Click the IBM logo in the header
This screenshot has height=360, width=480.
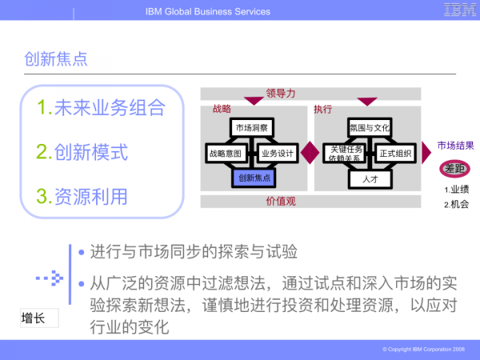click(457, 10)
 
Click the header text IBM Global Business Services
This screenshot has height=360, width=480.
click(208, 11)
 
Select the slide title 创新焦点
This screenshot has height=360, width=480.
click(56, 58)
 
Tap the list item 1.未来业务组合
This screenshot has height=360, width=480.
click(102, 107)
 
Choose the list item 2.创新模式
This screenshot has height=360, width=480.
click(82, 151)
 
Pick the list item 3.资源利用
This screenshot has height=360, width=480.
click(82, 195)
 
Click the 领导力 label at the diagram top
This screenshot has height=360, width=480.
click(281, 93)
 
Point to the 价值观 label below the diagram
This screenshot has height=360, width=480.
click(281, 201)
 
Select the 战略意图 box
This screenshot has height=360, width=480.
click(225, 153)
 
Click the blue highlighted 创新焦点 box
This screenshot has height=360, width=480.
click(253, 177)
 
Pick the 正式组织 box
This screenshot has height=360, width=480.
click(395, 153)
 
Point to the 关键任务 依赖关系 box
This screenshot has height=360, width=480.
click(345, 153)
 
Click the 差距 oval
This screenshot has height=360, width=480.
click(454, 169)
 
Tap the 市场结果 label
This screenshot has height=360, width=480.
click(455, 146)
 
